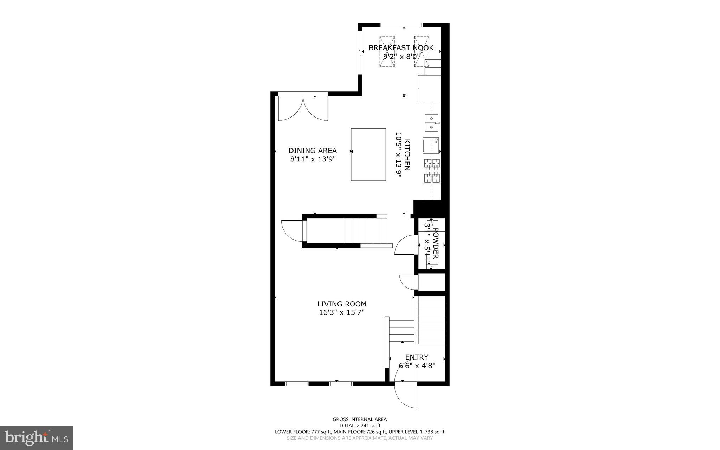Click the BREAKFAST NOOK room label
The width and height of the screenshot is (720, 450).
click(401, 48)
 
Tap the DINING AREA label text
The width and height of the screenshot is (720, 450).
click(313, 151)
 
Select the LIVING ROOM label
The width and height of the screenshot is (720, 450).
click(342, 304)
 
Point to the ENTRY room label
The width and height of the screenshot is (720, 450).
click(417, 357)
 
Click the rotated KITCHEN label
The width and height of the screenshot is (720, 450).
click(407, 155)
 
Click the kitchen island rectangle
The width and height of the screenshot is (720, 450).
click(368, 154)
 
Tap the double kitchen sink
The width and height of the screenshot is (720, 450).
click(432, 123)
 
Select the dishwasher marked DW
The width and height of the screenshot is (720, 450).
click(431, 145)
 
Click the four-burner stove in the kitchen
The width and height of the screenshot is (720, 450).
click(432, 171)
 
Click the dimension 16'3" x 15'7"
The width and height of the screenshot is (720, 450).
click(342, 312)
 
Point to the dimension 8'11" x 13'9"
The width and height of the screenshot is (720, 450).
click(313, 159)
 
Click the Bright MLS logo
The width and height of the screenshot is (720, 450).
click(37, 438)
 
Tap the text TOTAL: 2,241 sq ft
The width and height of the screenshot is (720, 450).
click(360, 425)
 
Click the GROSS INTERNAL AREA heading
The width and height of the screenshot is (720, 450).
click(360, 419)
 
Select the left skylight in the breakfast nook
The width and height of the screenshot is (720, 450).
click(387, 51)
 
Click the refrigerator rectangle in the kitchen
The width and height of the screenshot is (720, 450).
click(429, 88)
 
